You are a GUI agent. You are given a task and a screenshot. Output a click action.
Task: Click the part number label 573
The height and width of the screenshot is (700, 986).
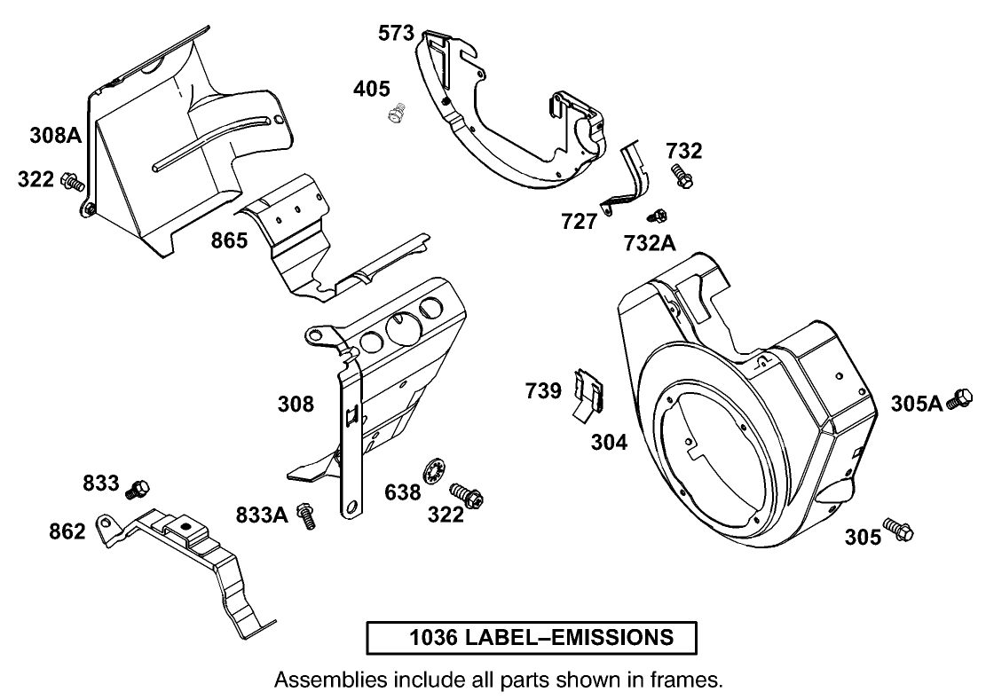pos(396,34)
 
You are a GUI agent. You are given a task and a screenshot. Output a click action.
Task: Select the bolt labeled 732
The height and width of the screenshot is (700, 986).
pos(682,175)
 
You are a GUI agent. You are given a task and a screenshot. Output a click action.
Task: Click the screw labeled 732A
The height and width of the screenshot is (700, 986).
pos(658,215)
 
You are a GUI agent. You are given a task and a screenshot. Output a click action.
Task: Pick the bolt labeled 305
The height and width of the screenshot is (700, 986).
pos(897,531)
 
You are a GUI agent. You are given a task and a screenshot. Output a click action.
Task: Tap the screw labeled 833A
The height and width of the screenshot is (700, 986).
pos(307,516)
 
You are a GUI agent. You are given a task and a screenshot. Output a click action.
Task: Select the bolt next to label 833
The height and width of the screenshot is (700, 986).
pos(138,487)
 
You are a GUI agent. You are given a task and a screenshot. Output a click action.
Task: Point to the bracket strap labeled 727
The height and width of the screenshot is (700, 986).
pos(626,181)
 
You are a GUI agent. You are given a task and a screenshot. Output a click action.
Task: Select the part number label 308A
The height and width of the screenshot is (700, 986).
pos(55,136)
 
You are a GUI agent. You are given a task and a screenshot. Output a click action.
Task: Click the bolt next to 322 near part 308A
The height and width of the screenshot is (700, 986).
pos(73,182)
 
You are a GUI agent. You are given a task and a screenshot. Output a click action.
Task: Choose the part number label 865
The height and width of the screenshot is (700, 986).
pos(229,240)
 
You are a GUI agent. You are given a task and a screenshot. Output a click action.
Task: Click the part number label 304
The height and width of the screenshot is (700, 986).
pos(610,441)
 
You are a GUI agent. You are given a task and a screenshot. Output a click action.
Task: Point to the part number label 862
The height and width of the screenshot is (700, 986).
pos(67,531)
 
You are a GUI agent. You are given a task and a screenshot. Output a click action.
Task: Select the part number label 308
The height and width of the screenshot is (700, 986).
pos(296,405)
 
